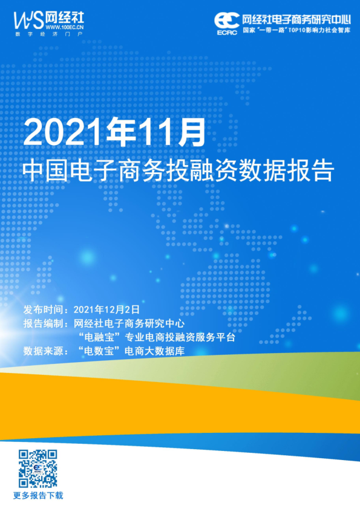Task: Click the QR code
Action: [38, 468]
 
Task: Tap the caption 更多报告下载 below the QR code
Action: [38, 496]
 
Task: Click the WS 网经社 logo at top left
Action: [46, 21]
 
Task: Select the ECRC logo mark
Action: [226, 23]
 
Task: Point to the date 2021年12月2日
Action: [106, 309]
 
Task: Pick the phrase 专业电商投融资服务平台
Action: [180, 337]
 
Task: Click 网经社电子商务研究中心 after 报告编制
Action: [128, 323]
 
